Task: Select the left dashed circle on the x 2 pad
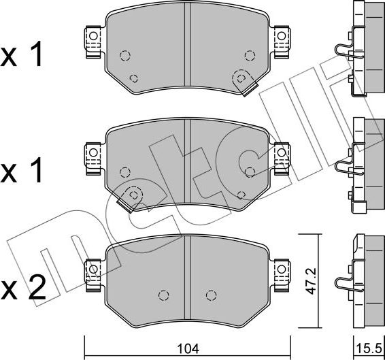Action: point(163,295)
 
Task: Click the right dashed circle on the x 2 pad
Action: point(211,295)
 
